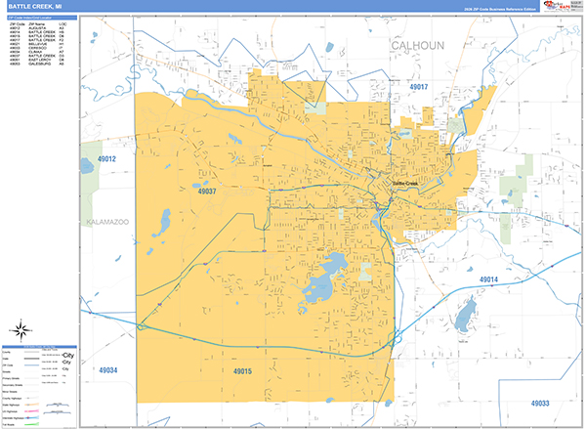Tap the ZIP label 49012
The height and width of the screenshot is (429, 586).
click(106, 159)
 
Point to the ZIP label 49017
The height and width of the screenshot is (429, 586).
click(418, 87)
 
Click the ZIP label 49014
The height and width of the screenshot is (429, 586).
click(488, 280)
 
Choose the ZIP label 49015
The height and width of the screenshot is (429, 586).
click(242, 371)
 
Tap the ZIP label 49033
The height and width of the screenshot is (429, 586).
click(540, 403)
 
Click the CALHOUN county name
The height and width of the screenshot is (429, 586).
click(418, 46)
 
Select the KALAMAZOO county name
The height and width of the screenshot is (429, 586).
click(107, 222)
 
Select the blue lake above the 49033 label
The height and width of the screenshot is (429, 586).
click(465, 314)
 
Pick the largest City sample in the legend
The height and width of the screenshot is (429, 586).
click(67, 355)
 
